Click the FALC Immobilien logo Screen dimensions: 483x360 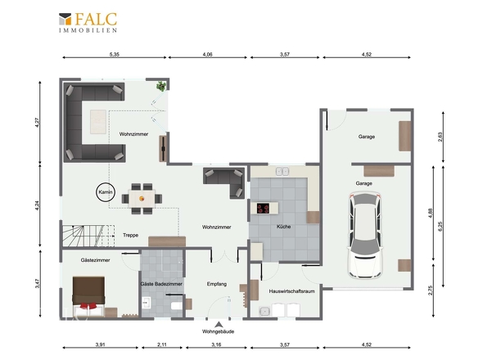pos(88,22)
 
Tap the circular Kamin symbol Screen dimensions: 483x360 pos(106,192)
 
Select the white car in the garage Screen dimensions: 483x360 pos(365,236)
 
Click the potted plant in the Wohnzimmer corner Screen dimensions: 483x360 pos(160,86)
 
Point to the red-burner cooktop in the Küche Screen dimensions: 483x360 pos(263,208)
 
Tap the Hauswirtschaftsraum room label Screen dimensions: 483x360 pos(291,291)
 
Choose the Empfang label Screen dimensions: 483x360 pos(217,284)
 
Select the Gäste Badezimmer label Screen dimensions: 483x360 pos(161,284)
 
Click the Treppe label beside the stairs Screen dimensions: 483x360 pos(131,235)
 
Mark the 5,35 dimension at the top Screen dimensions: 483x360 pos(115,55)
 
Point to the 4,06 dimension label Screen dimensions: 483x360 pos(208,55)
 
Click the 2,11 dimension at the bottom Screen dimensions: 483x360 pos(162,344)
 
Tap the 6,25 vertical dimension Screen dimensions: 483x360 pos(440,227)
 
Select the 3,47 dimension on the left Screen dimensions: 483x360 pos(38,283)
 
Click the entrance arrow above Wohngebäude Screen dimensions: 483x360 pos(219,324)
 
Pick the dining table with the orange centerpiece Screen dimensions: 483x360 pos(142,199)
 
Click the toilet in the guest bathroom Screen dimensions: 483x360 pos(176,306)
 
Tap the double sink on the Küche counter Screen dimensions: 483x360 pos(282,171)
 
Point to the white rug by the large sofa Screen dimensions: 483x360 pos(98,122)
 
